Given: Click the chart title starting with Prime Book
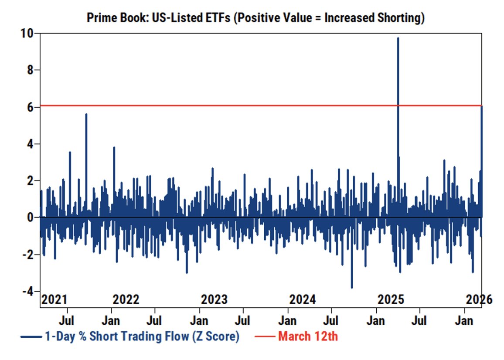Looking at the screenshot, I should (255, 18).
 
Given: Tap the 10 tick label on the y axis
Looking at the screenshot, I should (27, 33).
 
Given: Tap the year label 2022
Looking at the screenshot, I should (126, 300).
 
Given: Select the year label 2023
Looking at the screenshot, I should (214, 300).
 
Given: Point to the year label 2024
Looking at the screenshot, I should (303, 300).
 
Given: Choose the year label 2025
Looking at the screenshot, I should (391, 300).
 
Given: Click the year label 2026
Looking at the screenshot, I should (479, 300).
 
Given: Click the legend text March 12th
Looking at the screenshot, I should (308, 337).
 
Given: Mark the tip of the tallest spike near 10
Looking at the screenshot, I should (398, 38).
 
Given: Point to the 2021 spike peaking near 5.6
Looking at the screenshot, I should (86, 114).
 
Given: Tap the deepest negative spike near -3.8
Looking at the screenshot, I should (352, 288).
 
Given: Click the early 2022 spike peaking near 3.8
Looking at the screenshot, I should (114, 147).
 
